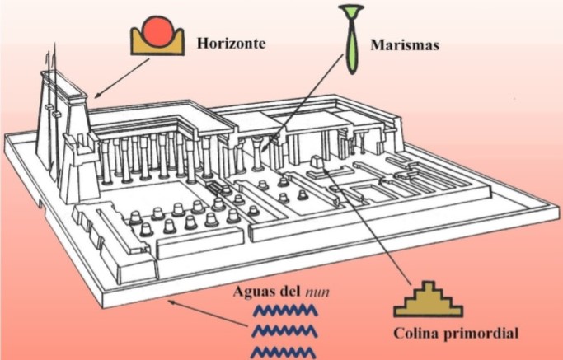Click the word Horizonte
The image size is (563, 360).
pos(231,42)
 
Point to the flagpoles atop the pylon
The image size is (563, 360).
pos(52,70)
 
